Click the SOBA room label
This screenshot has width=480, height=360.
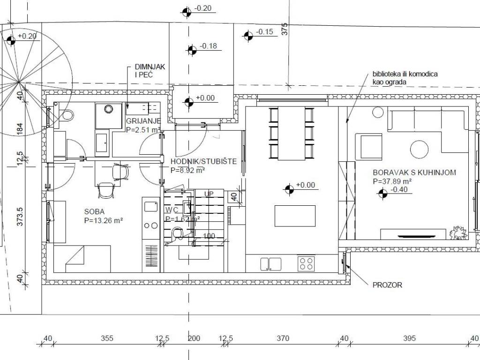click(94, 211)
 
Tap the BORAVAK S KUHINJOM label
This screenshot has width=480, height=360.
click(414, 172)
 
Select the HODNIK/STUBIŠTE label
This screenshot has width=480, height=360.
click(203, 161)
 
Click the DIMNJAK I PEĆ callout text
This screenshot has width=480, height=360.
click(150, 71)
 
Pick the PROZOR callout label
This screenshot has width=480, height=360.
click(387, 285)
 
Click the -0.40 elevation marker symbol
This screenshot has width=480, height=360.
click(382, 194)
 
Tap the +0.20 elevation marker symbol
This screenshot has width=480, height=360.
click(11, 40)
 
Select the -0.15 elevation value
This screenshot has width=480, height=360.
click(264, 32)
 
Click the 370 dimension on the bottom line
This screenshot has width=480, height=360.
click(283, 338)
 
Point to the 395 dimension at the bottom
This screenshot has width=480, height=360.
click(409, 338)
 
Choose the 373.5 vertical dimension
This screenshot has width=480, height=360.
click(20, 217)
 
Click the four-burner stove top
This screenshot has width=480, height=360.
click(306, 263)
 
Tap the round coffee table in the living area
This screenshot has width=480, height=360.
click(419, 150)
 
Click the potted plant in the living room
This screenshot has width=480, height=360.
click(458, 232)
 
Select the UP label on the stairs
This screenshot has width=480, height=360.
click(209, 194)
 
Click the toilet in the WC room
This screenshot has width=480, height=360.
click(178, 233)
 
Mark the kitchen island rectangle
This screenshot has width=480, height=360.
click(295, 216)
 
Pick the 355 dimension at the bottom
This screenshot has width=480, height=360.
click(107, 338)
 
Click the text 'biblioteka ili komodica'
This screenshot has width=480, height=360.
click(405, 74)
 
